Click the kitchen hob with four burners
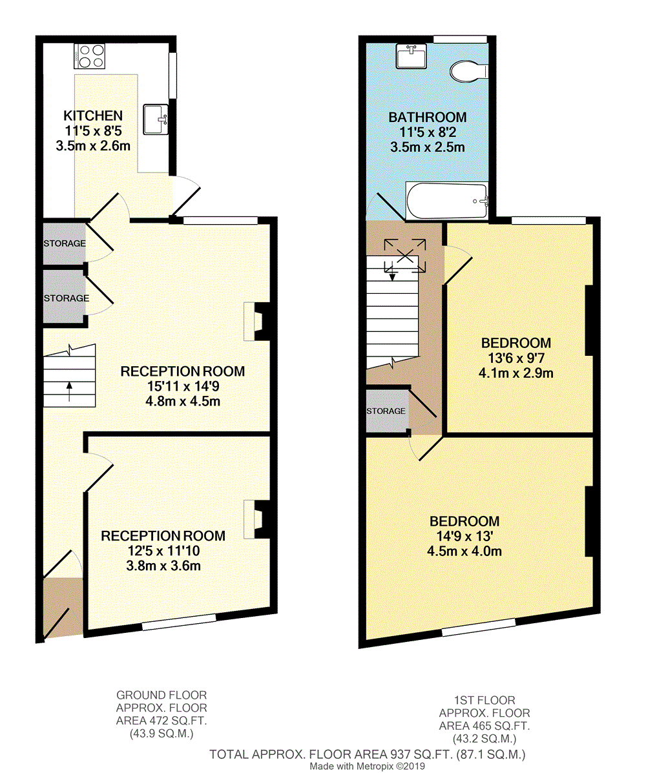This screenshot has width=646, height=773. (90, 56)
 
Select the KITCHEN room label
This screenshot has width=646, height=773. (92, 116)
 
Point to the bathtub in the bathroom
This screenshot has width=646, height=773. (446, 201)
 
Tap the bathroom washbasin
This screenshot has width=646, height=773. (410, 57)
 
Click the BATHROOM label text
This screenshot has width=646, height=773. (427, 117)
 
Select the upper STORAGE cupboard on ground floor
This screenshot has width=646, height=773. (64, 243)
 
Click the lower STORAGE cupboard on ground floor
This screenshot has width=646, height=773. (64, 298)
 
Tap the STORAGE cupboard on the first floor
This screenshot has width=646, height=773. (386, 411)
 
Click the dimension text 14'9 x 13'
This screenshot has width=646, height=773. (464, 536)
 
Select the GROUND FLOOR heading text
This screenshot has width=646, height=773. (161, 695)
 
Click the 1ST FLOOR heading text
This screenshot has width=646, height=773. (484, 700)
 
